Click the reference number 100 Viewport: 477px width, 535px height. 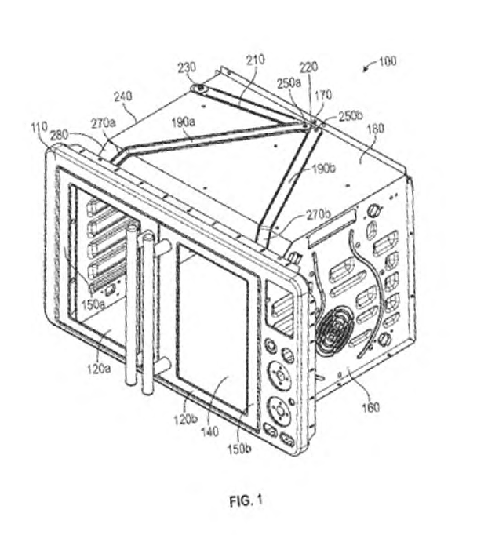[x=388, y=61]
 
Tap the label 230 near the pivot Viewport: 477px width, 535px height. [x=187, y=67]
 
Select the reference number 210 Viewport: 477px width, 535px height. [x=255, y=60]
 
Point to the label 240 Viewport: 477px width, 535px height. [x=122, y=96]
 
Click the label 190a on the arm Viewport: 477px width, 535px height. [x=184, y=122]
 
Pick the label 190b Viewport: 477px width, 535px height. [x=323, y=168]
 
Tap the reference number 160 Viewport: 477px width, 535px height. [x=370, y=407]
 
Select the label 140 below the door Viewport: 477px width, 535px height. [x=209, y=432]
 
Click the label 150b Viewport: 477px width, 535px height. [x=239, y=449]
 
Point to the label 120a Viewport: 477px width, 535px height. [x=99, y=369]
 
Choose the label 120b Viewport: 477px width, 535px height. [x=186, y=420]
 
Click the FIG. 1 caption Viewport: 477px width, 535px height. [x=246, y=501]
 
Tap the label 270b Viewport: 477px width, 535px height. [x=318, y=215]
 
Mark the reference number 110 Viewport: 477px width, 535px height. [x=39, y=128]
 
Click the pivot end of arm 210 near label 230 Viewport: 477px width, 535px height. [x=199, y=89]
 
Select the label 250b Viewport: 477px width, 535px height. [x=351, y=116]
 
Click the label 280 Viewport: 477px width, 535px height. [x=60, y=136]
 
